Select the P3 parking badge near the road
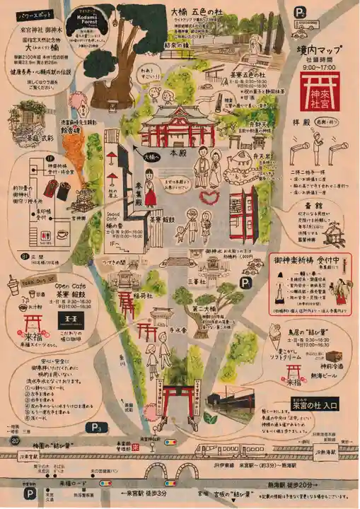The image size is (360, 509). click(x=95, y=427)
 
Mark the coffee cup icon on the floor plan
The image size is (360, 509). click(x=62, y=234)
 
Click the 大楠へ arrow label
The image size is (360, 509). click(x=149, y=157)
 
